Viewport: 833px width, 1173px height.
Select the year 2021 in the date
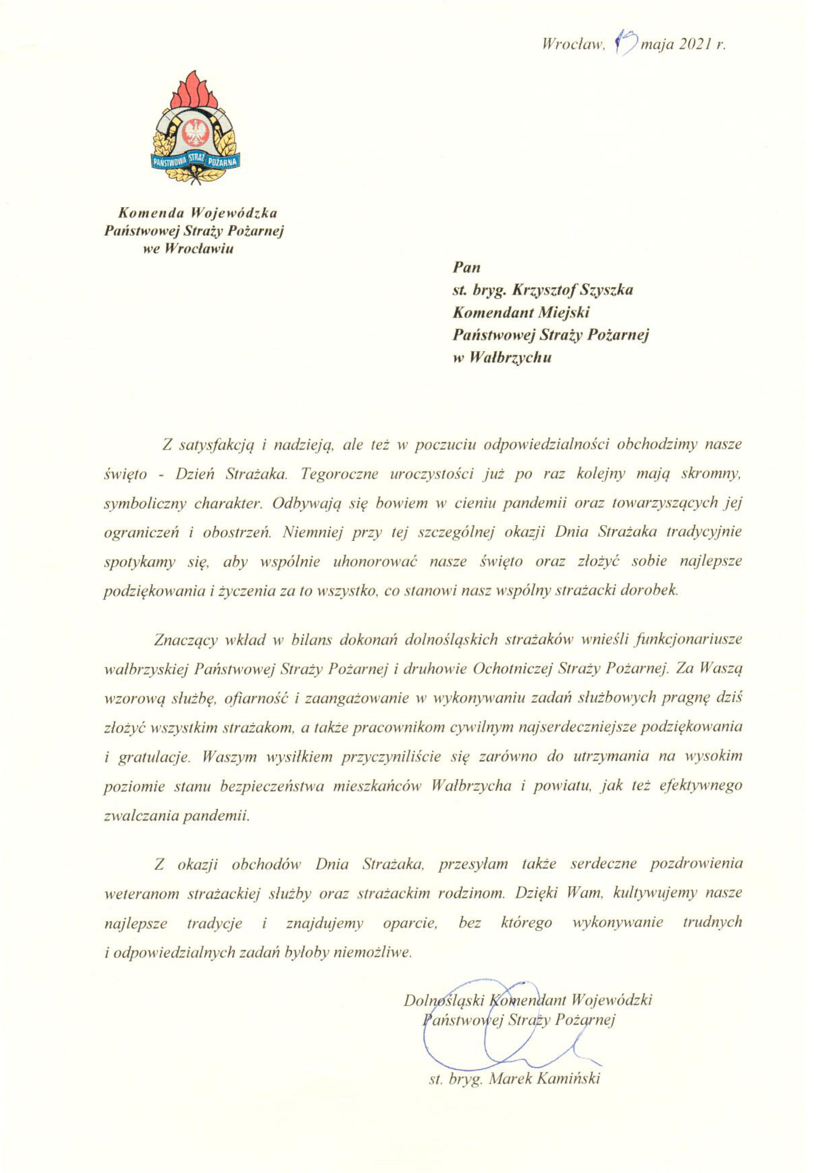click(x=694, y=45)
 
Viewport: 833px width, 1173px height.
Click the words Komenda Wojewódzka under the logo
click(x=198, y=212)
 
